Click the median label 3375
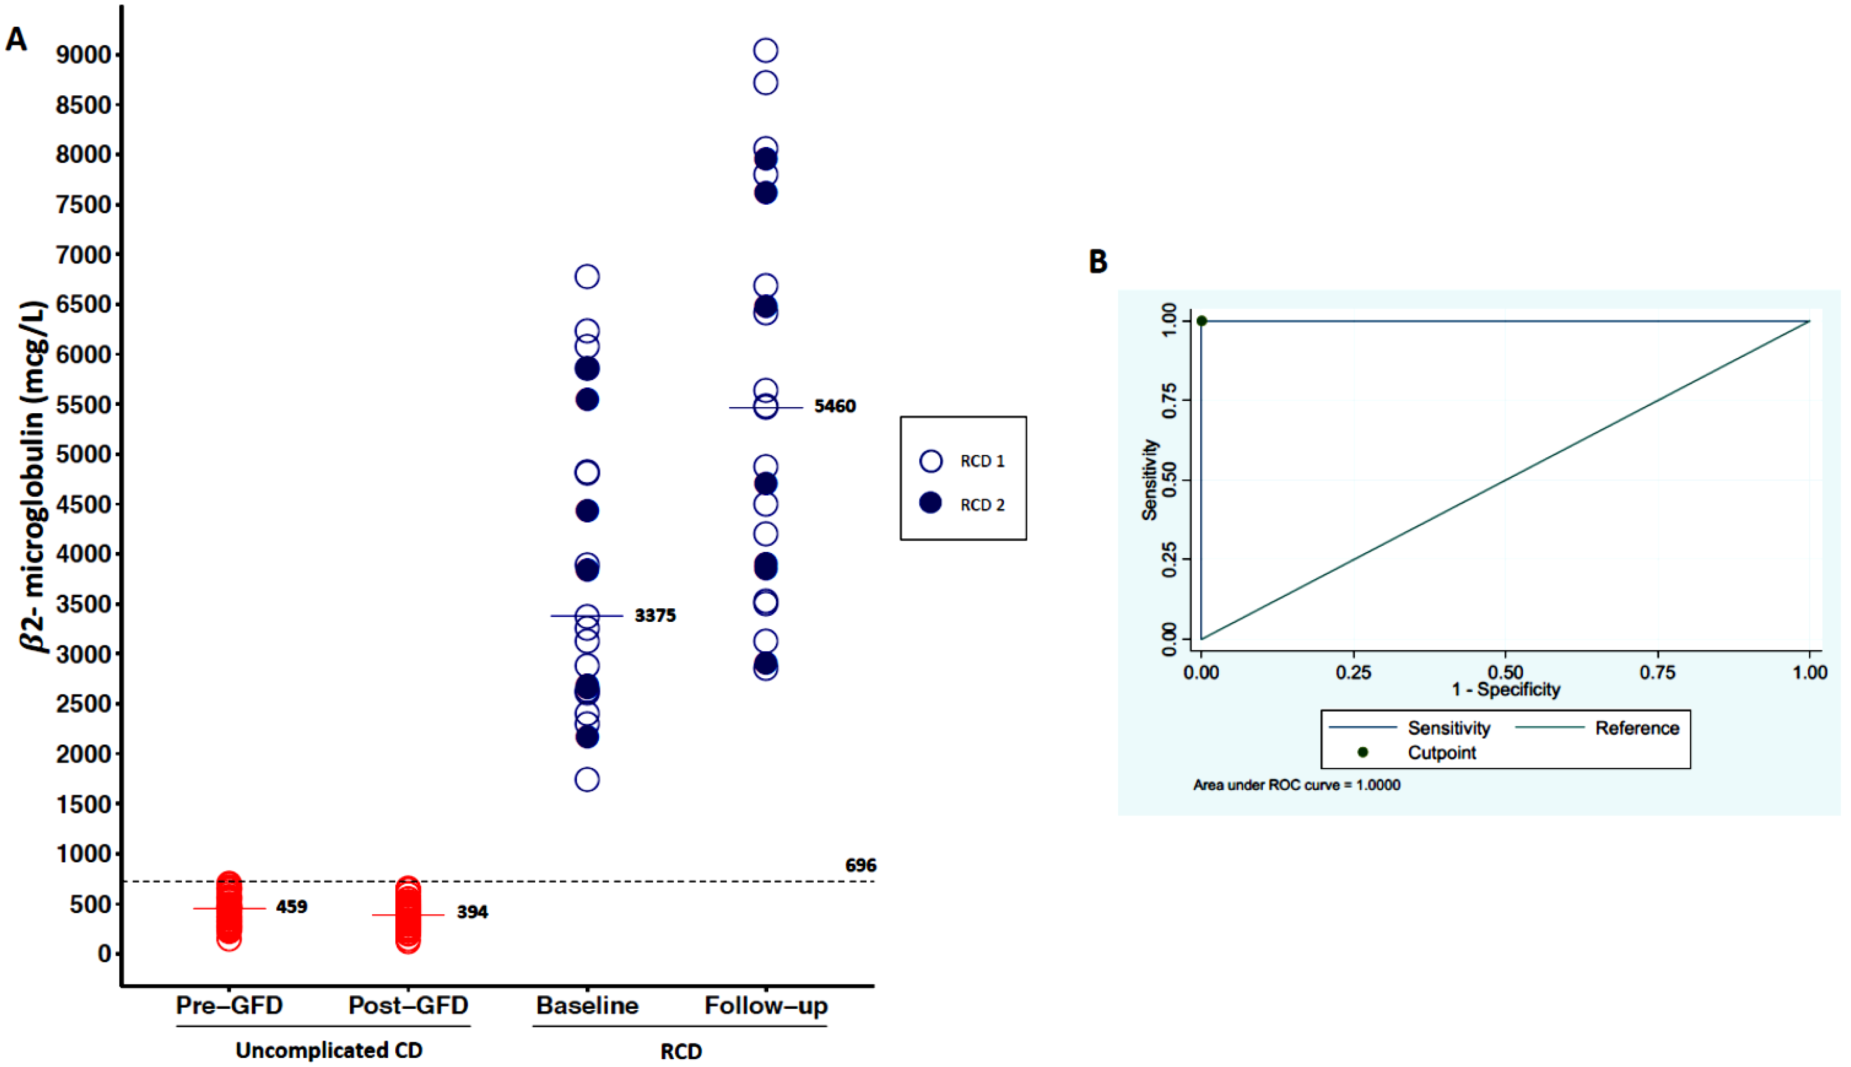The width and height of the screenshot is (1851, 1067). click(654, 616)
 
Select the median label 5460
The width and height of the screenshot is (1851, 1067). click(835, 406)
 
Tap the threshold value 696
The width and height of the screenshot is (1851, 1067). click(860, 865)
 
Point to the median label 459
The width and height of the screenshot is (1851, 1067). click(291, 907)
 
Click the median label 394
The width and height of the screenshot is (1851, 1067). click(472, 912)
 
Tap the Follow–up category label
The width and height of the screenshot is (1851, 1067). click(766, 1005)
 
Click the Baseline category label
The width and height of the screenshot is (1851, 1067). click(587, 1005)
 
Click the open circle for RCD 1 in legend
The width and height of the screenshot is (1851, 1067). click(931, 461)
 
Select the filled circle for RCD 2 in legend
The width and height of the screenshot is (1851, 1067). click(931, 503)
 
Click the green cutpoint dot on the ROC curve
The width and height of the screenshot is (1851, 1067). click(1202, 321)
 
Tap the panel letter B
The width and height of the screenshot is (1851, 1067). click(1098, 262)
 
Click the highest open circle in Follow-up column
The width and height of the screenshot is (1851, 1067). click(766, 51)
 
